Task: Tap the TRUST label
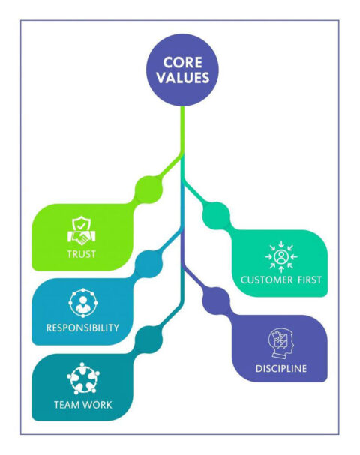coord(80,253)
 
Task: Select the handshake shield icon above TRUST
coord(80,229)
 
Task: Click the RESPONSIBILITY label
coord(82,328)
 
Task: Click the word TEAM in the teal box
coord(65,405)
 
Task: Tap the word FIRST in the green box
coord(308,280)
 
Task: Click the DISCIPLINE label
coord(280,369)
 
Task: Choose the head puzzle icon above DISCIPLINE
coord(280,343)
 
